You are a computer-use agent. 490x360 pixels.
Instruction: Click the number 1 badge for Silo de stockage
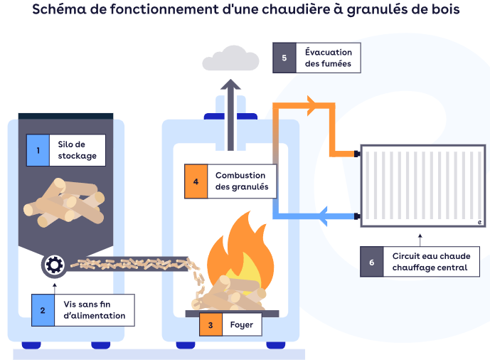tap(38, 150)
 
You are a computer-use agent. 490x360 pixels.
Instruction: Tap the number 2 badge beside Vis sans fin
tap(43, 310)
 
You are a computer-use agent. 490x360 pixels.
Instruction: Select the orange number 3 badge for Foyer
tap(210, 325)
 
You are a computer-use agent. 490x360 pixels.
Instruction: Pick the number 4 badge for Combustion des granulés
tap(195, 181)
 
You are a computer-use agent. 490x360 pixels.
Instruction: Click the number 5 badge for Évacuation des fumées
tap(284, 58)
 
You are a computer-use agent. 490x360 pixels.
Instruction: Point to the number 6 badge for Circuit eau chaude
tap(371, 262)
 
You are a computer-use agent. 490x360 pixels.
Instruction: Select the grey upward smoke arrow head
tap(230, 85)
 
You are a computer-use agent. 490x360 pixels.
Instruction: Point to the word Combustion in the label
tap(240, 175)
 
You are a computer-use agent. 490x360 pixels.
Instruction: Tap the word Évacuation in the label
tap(329, 52)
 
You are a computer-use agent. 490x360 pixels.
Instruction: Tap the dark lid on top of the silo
tap(65, 116)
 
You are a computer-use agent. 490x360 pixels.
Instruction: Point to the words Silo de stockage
tap(77, 150)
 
